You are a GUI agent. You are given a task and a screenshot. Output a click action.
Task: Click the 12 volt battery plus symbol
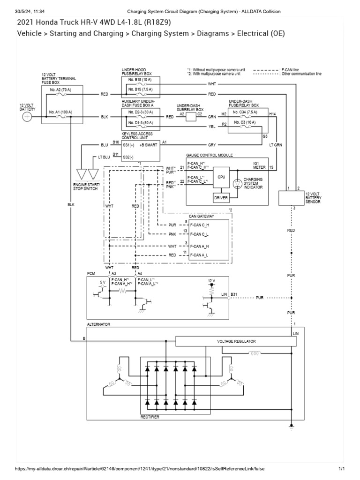28,117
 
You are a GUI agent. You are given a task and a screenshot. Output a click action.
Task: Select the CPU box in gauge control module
222,178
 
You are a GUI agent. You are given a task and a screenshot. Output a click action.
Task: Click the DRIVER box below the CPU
221,198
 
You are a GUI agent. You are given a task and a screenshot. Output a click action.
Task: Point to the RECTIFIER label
150,416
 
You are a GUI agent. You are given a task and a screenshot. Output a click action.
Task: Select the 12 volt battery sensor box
291,198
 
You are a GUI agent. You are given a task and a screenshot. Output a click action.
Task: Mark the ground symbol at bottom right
291,427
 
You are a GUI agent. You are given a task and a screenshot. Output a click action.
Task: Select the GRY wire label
212,145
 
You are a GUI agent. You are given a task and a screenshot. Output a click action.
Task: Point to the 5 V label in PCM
103,282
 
